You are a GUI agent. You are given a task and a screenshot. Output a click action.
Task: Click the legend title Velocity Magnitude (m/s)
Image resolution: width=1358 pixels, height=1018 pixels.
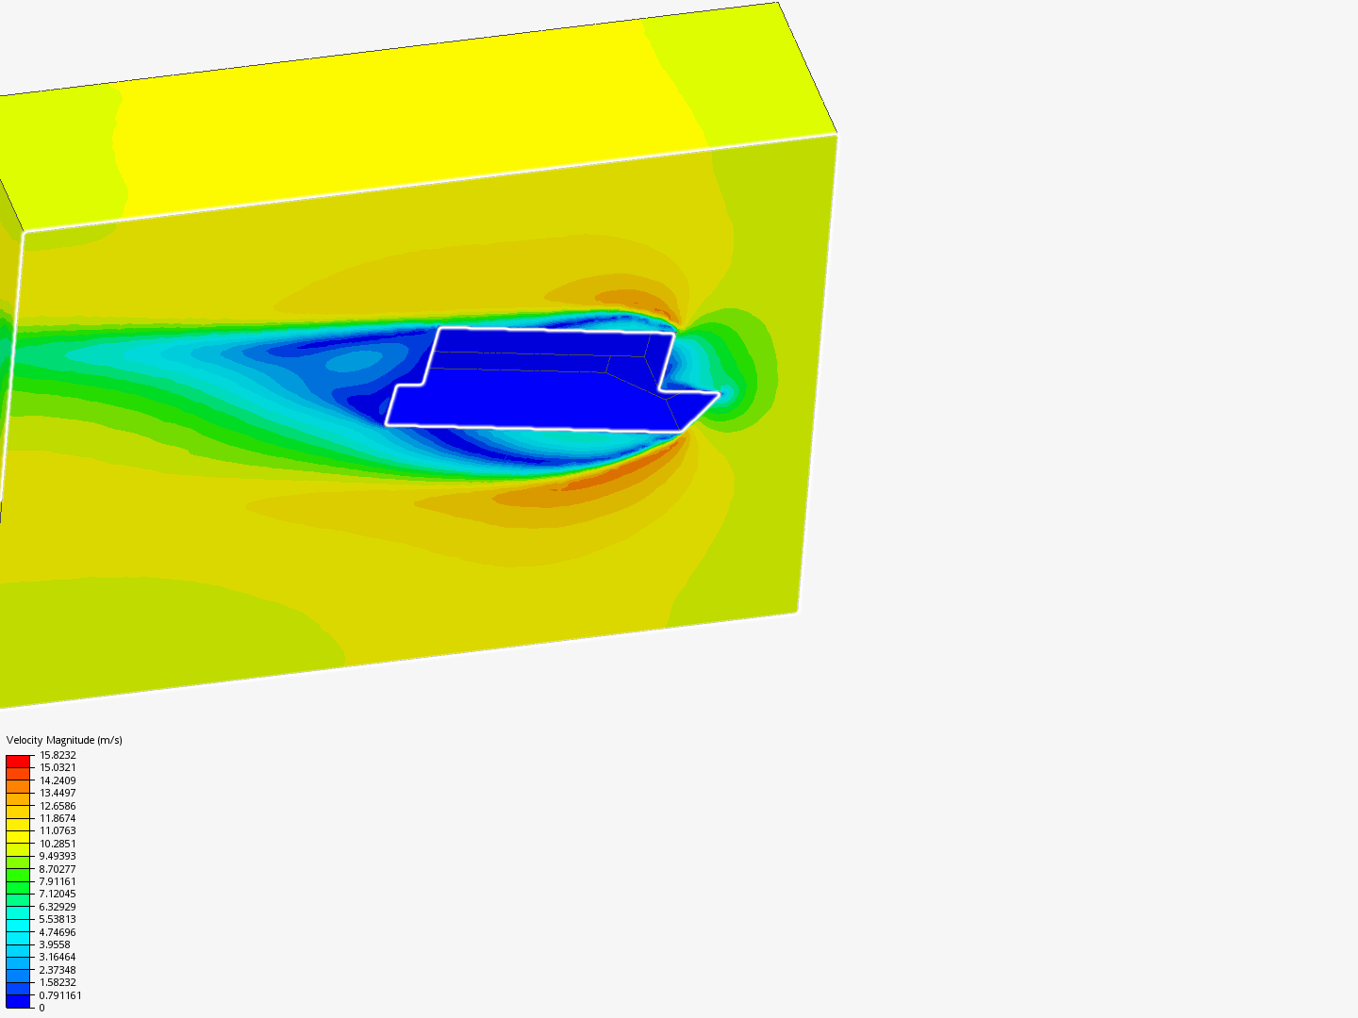tap(64, 740)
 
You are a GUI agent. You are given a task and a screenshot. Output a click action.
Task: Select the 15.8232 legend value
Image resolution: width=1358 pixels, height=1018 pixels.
tap(58, 755)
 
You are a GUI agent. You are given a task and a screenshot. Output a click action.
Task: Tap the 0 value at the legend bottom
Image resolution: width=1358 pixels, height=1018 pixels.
tap(41, 1008)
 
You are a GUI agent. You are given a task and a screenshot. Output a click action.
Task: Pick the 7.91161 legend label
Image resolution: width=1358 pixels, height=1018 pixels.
tap(58, 881)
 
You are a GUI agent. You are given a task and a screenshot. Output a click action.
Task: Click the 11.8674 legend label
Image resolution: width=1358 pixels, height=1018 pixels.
tap(58, 818)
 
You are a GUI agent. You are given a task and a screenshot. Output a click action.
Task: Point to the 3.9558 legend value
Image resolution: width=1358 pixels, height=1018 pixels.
tap(55, 944)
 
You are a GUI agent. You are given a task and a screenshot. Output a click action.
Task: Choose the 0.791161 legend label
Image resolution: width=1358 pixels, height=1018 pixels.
tap(60, 995)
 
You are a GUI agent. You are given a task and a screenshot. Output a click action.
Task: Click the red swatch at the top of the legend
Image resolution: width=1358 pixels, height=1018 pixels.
tap(18, 761)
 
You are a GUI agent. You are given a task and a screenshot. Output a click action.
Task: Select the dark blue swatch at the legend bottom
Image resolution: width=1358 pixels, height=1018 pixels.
tap(18, 1001)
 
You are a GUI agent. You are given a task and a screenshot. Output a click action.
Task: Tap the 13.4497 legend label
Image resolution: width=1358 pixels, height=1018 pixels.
tap(58, 793)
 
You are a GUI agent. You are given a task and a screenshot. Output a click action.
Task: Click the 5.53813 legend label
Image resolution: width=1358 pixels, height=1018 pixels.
tap(58, 919)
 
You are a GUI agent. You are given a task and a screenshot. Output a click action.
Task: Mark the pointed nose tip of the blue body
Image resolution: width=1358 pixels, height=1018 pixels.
tap(719, 393)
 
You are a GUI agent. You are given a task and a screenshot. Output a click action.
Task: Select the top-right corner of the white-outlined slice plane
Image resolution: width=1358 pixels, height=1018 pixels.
tap(836, 136)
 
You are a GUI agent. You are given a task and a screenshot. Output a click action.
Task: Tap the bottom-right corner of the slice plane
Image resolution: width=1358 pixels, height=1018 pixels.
tap(798, 612)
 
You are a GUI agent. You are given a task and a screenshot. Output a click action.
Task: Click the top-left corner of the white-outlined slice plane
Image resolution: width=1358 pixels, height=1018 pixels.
tap(24, 231)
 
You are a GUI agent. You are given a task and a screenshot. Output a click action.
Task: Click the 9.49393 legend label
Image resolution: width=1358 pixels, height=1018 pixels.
tap(58, 856)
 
